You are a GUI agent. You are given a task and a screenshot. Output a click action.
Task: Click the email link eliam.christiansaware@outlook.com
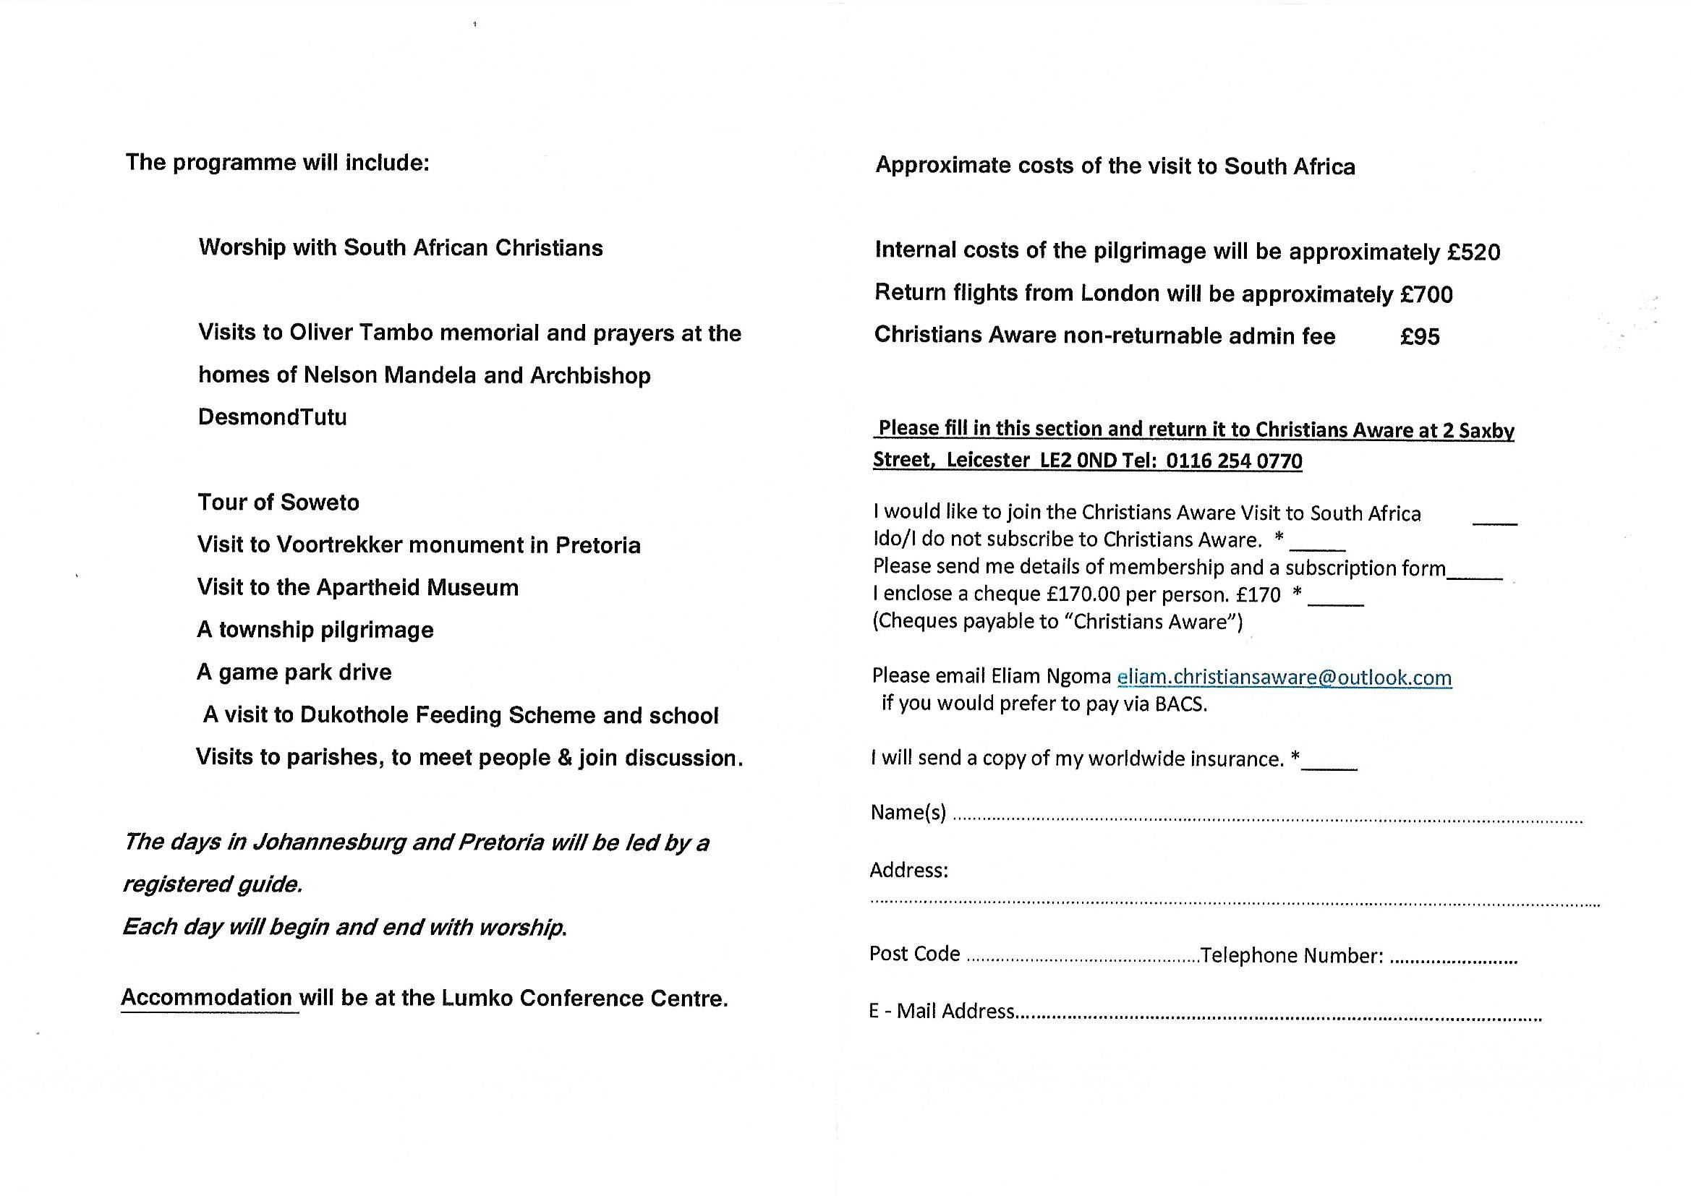(1284, 678)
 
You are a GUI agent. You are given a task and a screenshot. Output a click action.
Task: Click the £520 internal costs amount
(1474, 252)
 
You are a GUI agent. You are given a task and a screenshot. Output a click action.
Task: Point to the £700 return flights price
(1426, 294)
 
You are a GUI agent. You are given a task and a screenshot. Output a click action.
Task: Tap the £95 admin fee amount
(1419, 336)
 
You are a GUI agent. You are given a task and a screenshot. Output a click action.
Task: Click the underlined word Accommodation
(207, 998)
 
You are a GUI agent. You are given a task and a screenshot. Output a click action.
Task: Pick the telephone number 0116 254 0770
(1234, 461)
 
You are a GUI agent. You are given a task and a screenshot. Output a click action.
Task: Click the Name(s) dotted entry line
(1266, 820)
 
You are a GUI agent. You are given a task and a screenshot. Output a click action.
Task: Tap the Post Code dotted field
(1081, 960)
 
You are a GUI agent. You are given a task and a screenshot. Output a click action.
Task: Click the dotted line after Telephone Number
(1452, 961)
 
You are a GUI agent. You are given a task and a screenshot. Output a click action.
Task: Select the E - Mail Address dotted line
(1278, 1020)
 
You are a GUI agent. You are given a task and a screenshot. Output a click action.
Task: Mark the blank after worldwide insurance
(1329, 768)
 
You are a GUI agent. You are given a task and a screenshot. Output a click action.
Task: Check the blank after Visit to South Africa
(1494, 521)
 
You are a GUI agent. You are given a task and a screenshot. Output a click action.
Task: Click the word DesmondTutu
(273, 417)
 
